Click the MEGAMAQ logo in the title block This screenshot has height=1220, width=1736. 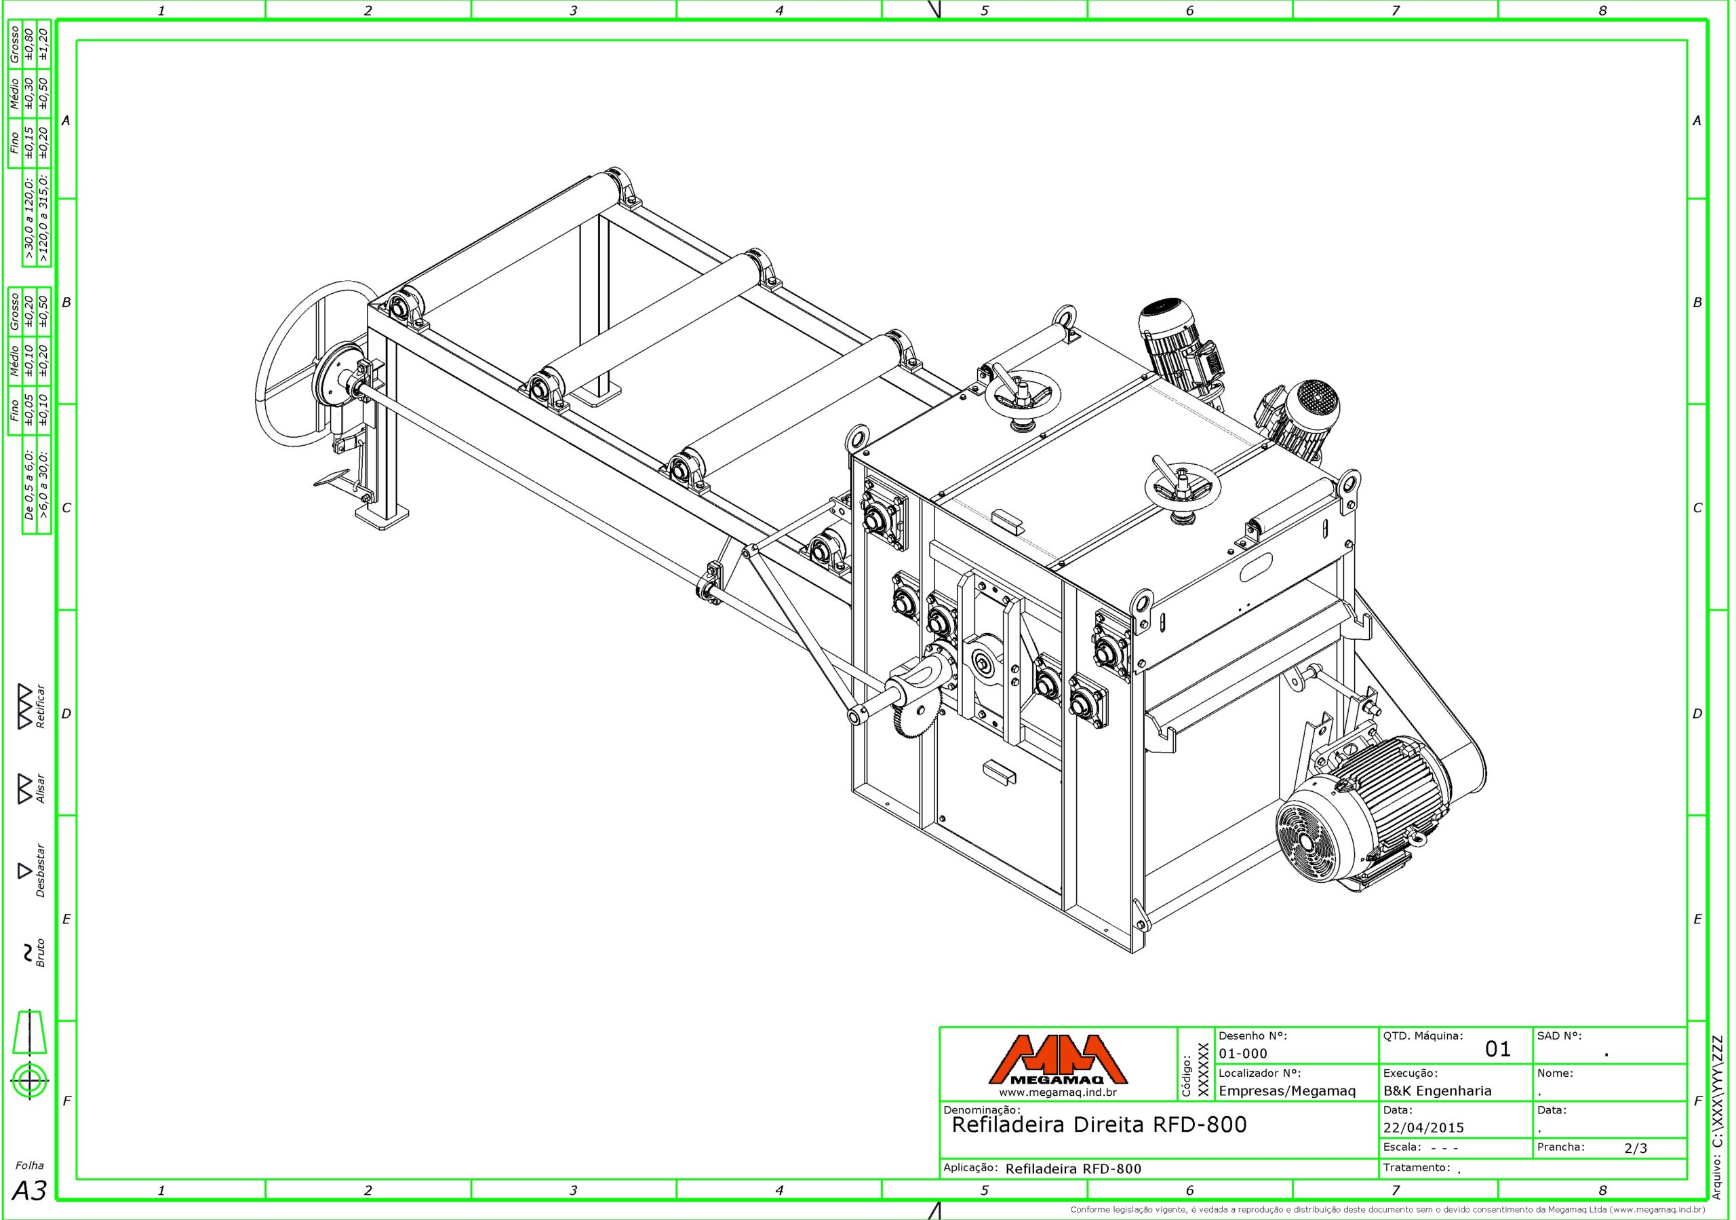(1058, 1060)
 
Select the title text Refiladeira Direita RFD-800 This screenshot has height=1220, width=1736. (1099, 1125)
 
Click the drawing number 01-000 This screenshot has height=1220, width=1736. (1243, 1054)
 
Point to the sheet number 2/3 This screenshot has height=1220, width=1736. (1636, 1148)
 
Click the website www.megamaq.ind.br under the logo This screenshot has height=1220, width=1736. (1057, 1092)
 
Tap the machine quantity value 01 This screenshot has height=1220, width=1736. (1498, 1049)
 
